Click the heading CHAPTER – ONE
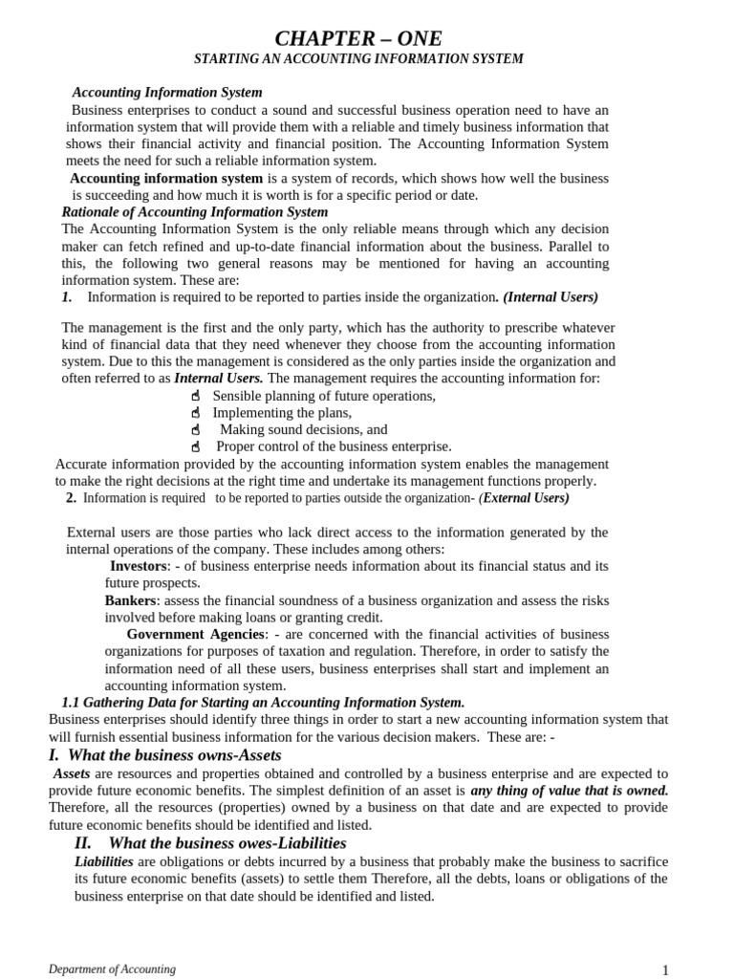pyautogui.click(x=358, y=38)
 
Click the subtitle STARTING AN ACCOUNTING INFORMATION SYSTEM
pyautogui.click(x=358, y=59)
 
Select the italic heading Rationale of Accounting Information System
pyautogui.click(x=194, y=211)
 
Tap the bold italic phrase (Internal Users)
pyautogui.click(x=550, y=297)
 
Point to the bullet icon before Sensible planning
pyautogui.click(x=195, y=396)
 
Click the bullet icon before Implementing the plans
pyautogui.click(x=195, y=413)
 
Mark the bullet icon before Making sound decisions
pyautogui.click(x=195, y=430)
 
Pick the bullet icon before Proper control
pyautogui.click(x=195, y=446)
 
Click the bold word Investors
pyautogui.click(x=139, y=566)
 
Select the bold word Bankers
pyautogui.click(x=130, y=600)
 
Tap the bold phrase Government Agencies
pyautogui.click(x=195, y=634)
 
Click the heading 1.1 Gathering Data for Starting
pyautogui.click(x=263, y=702)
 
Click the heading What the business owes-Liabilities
pyautogui.click(x=210, y=842)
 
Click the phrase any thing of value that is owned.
pyautogui.click(x=569, y=791)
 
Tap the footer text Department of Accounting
pyautogui.click(x=113, y=968)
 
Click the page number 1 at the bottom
pyautogui.click(x=665, y=970)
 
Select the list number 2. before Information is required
pyautogui.click(x=71, y=497)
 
